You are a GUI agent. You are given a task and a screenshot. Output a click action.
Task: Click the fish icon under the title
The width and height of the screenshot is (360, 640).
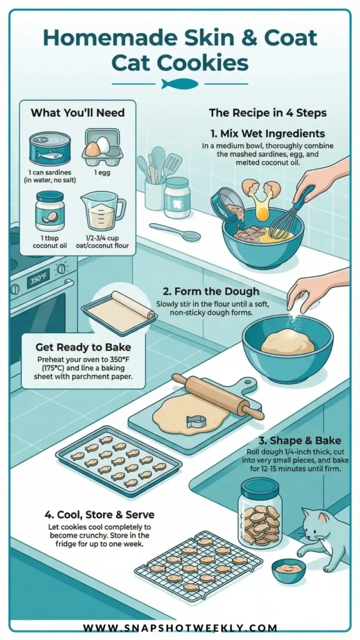tap(179, 84)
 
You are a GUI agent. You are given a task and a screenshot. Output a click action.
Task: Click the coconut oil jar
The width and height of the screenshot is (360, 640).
tap(50, 211)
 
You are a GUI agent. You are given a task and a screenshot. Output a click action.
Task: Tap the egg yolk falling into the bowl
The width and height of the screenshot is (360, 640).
tap(262, 212)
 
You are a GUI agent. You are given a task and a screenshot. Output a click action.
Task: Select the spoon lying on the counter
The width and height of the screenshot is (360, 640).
tap(175, 232)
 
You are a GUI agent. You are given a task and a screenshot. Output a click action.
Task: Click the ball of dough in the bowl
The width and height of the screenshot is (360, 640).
tap(287, 342)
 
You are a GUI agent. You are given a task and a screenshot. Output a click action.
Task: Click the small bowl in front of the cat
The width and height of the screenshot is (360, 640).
tap(288, 570)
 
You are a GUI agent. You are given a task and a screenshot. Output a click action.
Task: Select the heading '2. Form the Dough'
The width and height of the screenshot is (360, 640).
tap(211, 291)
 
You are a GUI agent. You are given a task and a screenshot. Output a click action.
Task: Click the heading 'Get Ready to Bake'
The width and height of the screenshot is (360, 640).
tap(83, 347)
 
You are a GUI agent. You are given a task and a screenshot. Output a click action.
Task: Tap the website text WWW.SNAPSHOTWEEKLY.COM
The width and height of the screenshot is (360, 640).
tap(180, 627)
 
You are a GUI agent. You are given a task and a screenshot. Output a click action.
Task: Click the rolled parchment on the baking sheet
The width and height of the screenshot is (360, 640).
tap(133, 304)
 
